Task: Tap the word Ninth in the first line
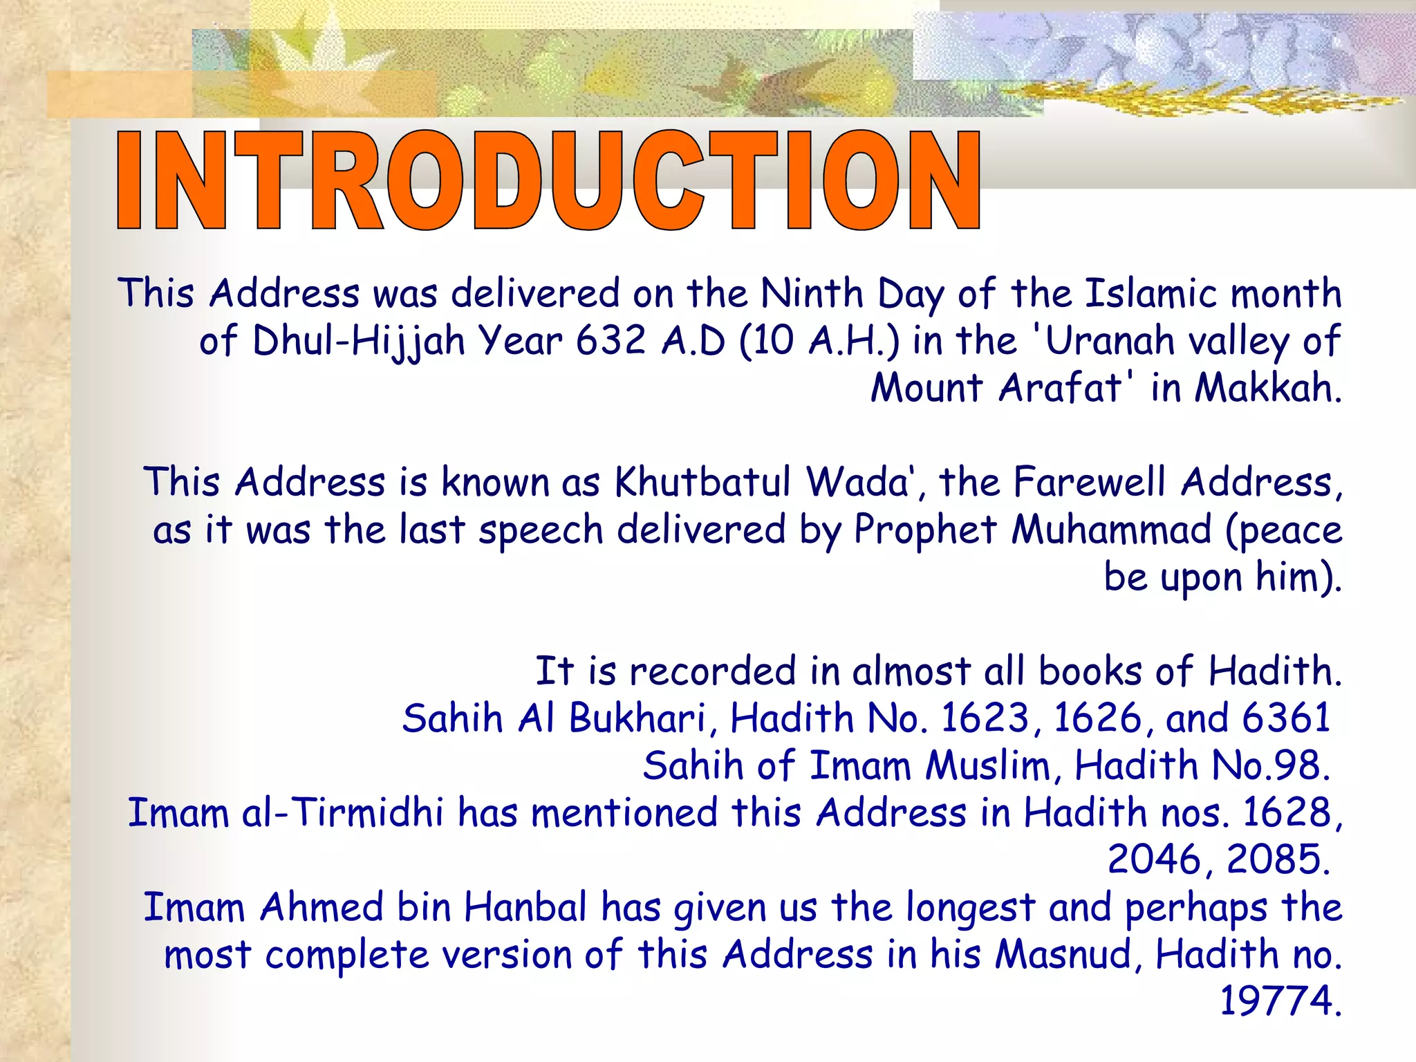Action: click(812, 294)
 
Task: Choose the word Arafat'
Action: click(1066, 388)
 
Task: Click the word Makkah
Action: click(1267, 388)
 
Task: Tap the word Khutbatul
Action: click(702, 482)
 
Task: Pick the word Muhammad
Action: click(1111, 530)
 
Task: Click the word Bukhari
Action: click(639, 718)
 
